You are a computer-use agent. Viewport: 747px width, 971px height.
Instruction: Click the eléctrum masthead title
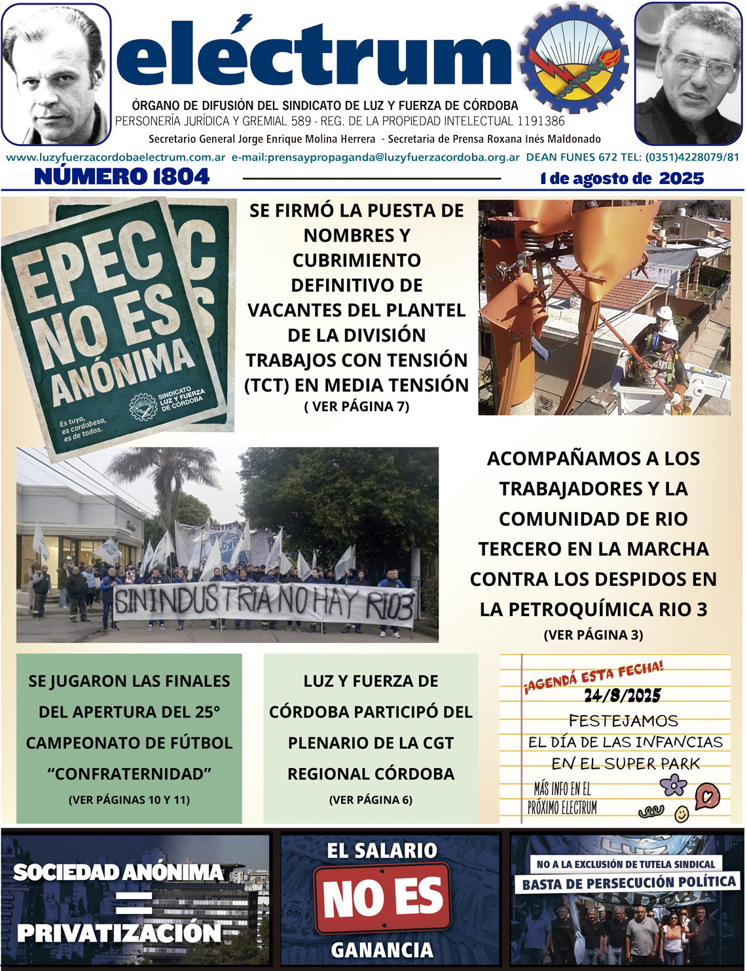[314, 56]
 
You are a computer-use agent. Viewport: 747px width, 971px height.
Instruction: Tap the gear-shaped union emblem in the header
[575, 61]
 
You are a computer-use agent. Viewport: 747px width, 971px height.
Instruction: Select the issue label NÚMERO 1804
[122, 177]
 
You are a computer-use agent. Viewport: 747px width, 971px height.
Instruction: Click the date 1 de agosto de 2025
[622, 179]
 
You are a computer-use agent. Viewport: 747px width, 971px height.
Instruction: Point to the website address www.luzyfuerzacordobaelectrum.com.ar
[115, 158]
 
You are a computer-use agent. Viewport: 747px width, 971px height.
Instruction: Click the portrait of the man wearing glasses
[688, 73]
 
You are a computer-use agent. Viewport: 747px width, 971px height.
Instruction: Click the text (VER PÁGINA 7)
[357, 407]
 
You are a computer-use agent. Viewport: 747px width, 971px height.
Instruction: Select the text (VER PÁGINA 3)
[593, 635]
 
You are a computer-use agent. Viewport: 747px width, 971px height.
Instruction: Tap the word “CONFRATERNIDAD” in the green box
[129, 774]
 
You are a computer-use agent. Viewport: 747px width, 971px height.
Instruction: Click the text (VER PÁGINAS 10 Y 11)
[129, 800]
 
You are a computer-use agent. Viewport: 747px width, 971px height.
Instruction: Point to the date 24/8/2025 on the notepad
[623, 695]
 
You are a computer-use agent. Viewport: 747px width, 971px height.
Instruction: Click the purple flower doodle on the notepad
[672, 784]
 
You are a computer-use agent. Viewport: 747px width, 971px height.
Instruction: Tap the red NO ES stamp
[383, 897]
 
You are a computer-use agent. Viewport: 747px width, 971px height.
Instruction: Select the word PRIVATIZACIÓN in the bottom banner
[119, 933]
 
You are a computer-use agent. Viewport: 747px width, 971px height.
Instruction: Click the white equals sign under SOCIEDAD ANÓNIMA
[134, 903]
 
